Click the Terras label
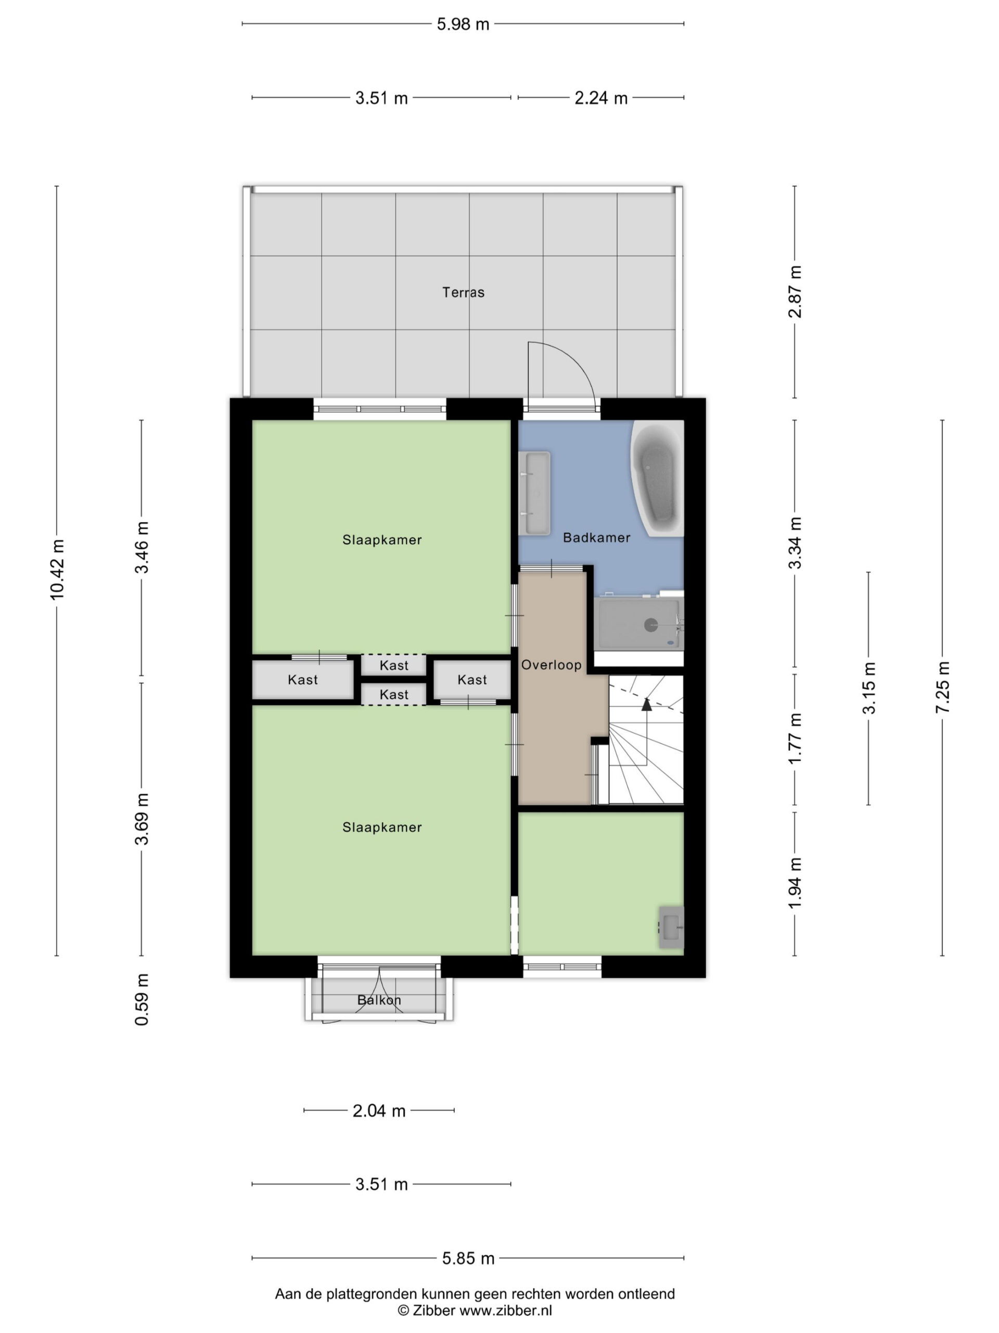point(463,292)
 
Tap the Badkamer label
point(596,537)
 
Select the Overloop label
point(551,665)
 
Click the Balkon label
point(379,1000)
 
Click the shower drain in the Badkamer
point(651,625)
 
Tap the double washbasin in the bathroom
point(535,493)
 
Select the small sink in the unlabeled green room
point(671,927)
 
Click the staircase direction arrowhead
point(647,704)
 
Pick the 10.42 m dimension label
point(57,570)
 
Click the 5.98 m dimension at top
point(463,24)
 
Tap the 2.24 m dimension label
point(601,97)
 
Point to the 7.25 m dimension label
point(942,687)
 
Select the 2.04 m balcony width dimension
point(379,1111)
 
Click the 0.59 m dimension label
point(142,999)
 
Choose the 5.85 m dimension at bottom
point(468,1258)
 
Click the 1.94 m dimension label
point(795,884)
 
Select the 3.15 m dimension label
point(869,688)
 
